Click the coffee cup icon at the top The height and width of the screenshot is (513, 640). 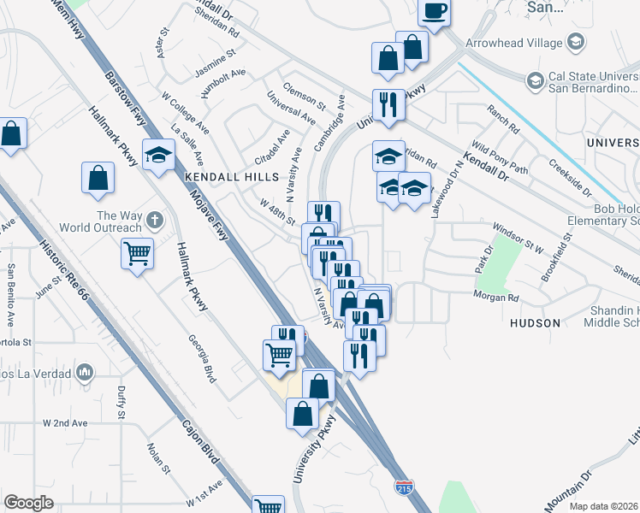435,12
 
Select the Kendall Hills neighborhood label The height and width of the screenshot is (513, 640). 232,176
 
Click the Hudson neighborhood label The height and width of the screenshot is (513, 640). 535,323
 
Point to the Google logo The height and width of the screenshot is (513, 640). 28,502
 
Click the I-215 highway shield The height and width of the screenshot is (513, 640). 405,487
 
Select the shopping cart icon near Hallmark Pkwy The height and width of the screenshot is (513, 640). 137,253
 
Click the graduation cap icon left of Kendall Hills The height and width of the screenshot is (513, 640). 159,154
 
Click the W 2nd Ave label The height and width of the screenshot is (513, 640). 65,423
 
